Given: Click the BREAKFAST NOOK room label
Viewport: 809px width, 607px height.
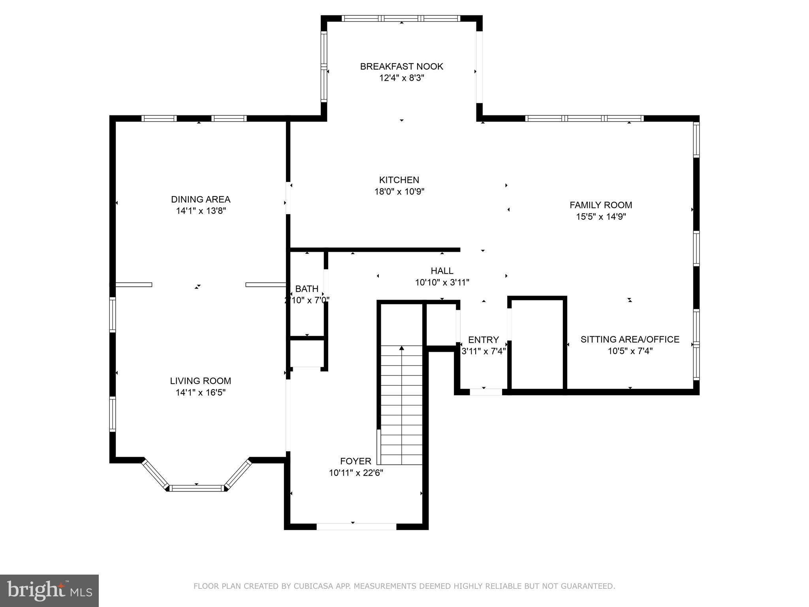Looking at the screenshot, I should tap(401, 66).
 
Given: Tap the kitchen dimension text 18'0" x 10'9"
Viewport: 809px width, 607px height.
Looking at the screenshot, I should tap(399, 192).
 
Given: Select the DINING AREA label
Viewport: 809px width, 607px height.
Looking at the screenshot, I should tap(200, 199).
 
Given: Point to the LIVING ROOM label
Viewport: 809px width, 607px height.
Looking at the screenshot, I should tap(200, 381).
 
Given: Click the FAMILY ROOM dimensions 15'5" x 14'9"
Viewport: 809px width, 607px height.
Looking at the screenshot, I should tap(601, 217).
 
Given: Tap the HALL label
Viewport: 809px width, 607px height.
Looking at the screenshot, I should tap(442, 271).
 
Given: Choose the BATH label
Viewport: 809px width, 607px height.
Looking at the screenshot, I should tap(307, 289).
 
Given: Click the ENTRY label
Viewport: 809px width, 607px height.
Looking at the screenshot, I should tap(483, 340).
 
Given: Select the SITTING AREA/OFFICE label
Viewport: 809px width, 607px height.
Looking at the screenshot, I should tap(630, 339).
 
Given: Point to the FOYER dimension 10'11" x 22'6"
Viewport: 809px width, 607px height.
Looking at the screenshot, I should tap(356, 473).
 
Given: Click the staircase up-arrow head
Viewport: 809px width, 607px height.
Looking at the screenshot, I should tap(402, 348).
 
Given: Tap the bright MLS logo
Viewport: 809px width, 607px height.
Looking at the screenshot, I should tap(49, 590).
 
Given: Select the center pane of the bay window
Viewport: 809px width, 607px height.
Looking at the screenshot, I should tap(197, 488).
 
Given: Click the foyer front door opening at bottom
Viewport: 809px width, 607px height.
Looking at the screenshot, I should tap(356, 526).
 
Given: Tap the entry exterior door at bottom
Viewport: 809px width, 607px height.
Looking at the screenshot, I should tap(485, 392).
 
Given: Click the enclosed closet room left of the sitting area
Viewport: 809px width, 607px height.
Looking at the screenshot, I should tap(537, 344).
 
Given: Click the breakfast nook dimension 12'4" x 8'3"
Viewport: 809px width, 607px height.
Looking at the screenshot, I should tap(401, 78).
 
